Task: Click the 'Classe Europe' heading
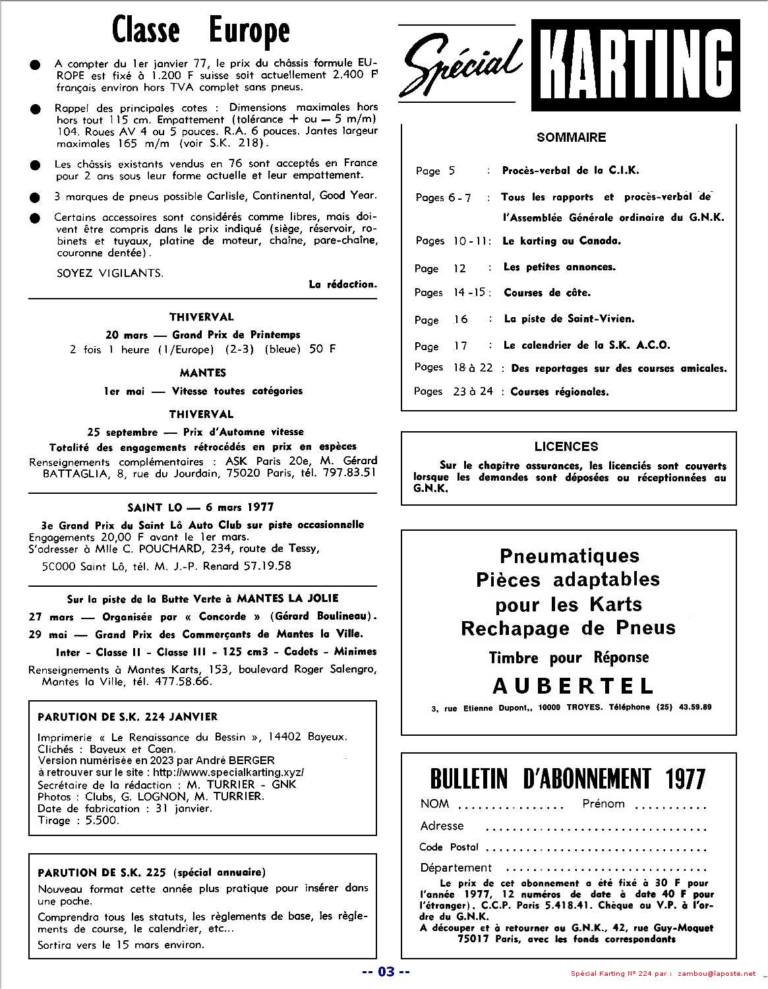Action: [x=201, y=30]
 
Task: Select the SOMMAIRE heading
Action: [x=571, y=137]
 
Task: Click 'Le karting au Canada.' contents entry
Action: [x=562, y=241]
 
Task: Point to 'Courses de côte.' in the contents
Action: [x=547, y=292]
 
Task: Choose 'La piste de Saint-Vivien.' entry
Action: [x=569, y=318]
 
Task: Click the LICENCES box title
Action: [x=566, y=446]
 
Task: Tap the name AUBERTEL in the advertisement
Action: [x=573, y=686]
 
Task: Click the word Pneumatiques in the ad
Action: [x=570, y=555]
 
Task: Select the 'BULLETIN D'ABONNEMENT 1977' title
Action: [x=568, y=779]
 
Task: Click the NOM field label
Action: [x=434, y=804]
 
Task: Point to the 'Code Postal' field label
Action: [x=449, y=847]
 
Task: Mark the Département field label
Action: [x=456, y=868]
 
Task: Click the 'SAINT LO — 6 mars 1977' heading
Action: [x=200, y=507]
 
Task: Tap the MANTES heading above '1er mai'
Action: [x=202, y=373]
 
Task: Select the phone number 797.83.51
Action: [x=347, y=472]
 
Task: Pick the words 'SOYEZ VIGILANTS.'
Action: [x=109, y=272]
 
